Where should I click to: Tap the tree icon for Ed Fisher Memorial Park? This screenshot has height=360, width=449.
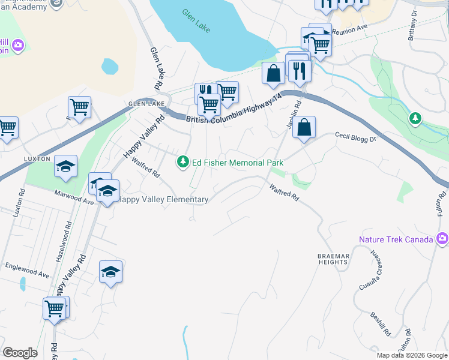coord(182,162)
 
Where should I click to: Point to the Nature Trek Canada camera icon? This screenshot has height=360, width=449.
coord(442,239)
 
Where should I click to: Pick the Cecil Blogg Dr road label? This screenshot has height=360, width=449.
coord(355,138)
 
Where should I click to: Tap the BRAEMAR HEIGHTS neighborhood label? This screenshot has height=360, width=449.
coord(333,259)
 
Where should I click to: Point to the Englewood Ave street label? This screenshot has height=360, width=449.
coord(27,270)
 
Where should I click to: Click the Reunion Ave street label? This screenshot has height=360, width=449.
coord(349,29)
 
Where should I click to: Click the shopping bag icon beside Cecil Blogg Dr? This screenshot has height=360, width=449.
coord(304,127)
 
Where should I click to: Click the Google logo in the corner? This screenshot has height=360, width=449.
coord(20,353)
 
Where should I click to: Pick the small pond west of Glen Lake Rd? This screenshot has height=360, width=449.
coord(109,65)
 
